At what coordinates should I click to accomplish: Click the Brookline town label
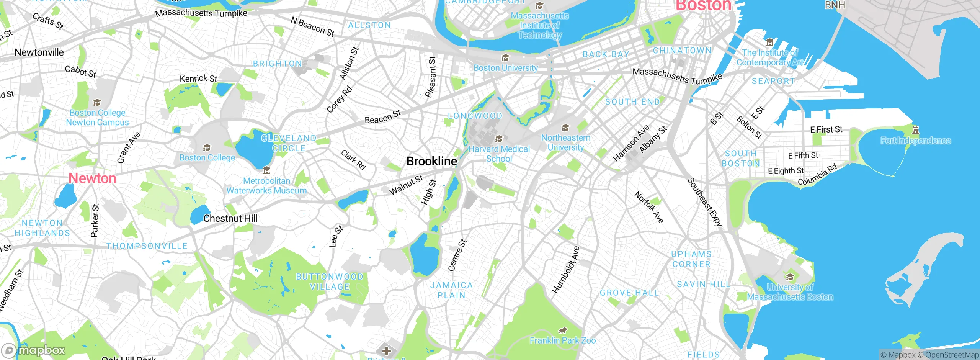pos(431,161)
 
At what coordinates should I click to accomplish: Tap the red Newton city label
pos(92,178)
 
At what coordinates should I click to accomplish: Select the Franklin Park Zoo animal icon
pos(562,330)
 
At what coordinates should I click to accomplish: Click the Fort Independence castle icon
pos(915,130)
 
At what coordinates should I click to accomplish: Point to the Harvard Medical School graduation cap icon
pos(499,139)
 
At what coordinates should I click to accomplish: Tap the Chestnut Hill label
pos(230,218)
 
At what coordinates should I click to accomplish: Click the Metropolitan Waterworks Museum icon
pos(267,170)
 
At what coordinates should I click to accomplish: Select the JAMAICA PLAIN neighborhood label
pos(451,290)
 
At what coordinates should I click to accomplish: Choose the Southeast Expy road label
pos(704,202)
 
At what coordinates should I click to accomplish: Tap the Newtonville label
pos(39,52)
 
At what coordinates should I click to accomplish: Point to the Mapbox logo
pos(34,350)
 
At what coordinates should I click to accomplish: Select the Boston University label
pos(505,68)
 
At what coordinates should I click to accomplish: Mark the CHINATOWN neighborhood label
pos(682,51)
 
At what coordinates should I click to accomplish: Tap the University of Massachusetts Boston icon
pos(789,277)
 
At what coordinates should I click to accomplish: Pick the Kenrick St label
pos(198,79)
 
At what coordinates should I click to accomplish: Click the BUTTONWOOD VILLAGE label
pos(329,281)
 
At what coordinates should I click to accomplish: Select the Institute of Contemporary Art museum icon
pos(770,42)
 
